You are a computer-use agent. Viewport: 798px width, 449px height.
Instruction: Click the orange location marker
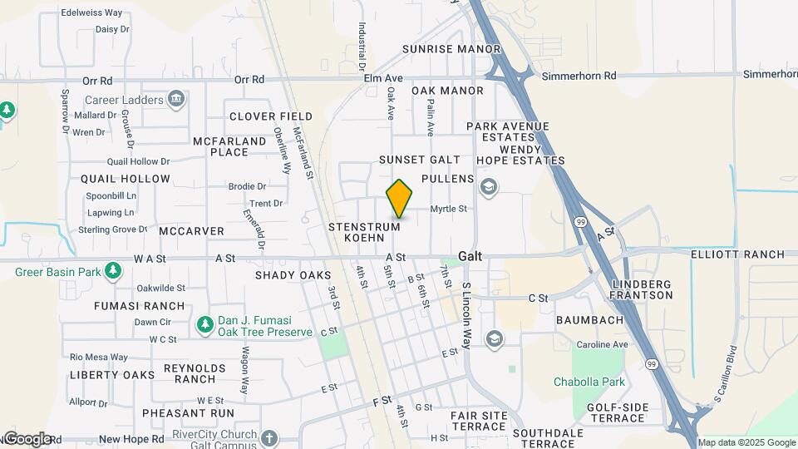pyautogui.click(x=400, y=200)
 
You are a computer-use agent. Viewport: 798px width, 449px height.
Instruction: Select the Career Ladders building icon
pyautogui.click(x=175, y=101)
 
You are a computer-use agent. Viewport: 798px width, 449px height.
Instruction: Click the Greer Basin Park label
pyautogui.click(x=57, y=271)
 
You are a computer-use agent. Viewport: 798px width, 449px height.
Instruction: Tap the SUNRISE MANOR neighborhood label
pyautogui.click(x=451, y=49)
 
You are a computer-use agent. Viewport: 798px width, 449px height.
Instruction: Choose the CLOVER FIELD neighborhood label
pyautogui.click(x=271, y=116)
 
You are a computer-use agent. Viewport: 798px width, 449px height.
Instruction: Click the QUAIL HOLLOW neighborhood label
pyautogui.click(x=126, y=179)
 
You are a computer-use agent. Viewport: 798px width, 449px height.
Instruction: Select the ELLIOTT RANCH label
pyautogui.click(x=737, y=254)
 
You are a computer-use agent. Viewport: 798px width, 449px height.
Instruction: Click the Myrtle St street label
pyautogui.click(x=448, y=209)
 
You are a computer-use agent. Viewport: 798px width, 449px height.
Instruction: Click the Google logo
pyautogui.click(x=27, y=439)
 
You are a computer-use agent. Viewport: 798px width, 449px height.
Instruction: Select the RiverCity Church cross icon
pyautogui.click(x=268, y=437)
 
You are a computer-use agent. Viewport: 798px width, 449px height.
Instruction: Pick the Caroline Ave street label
pyautogui.click(x=603, y=344)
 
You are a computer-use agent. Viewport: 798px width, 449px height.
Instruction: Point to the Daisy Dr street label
pyautogui.click(x=112, y=28)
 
